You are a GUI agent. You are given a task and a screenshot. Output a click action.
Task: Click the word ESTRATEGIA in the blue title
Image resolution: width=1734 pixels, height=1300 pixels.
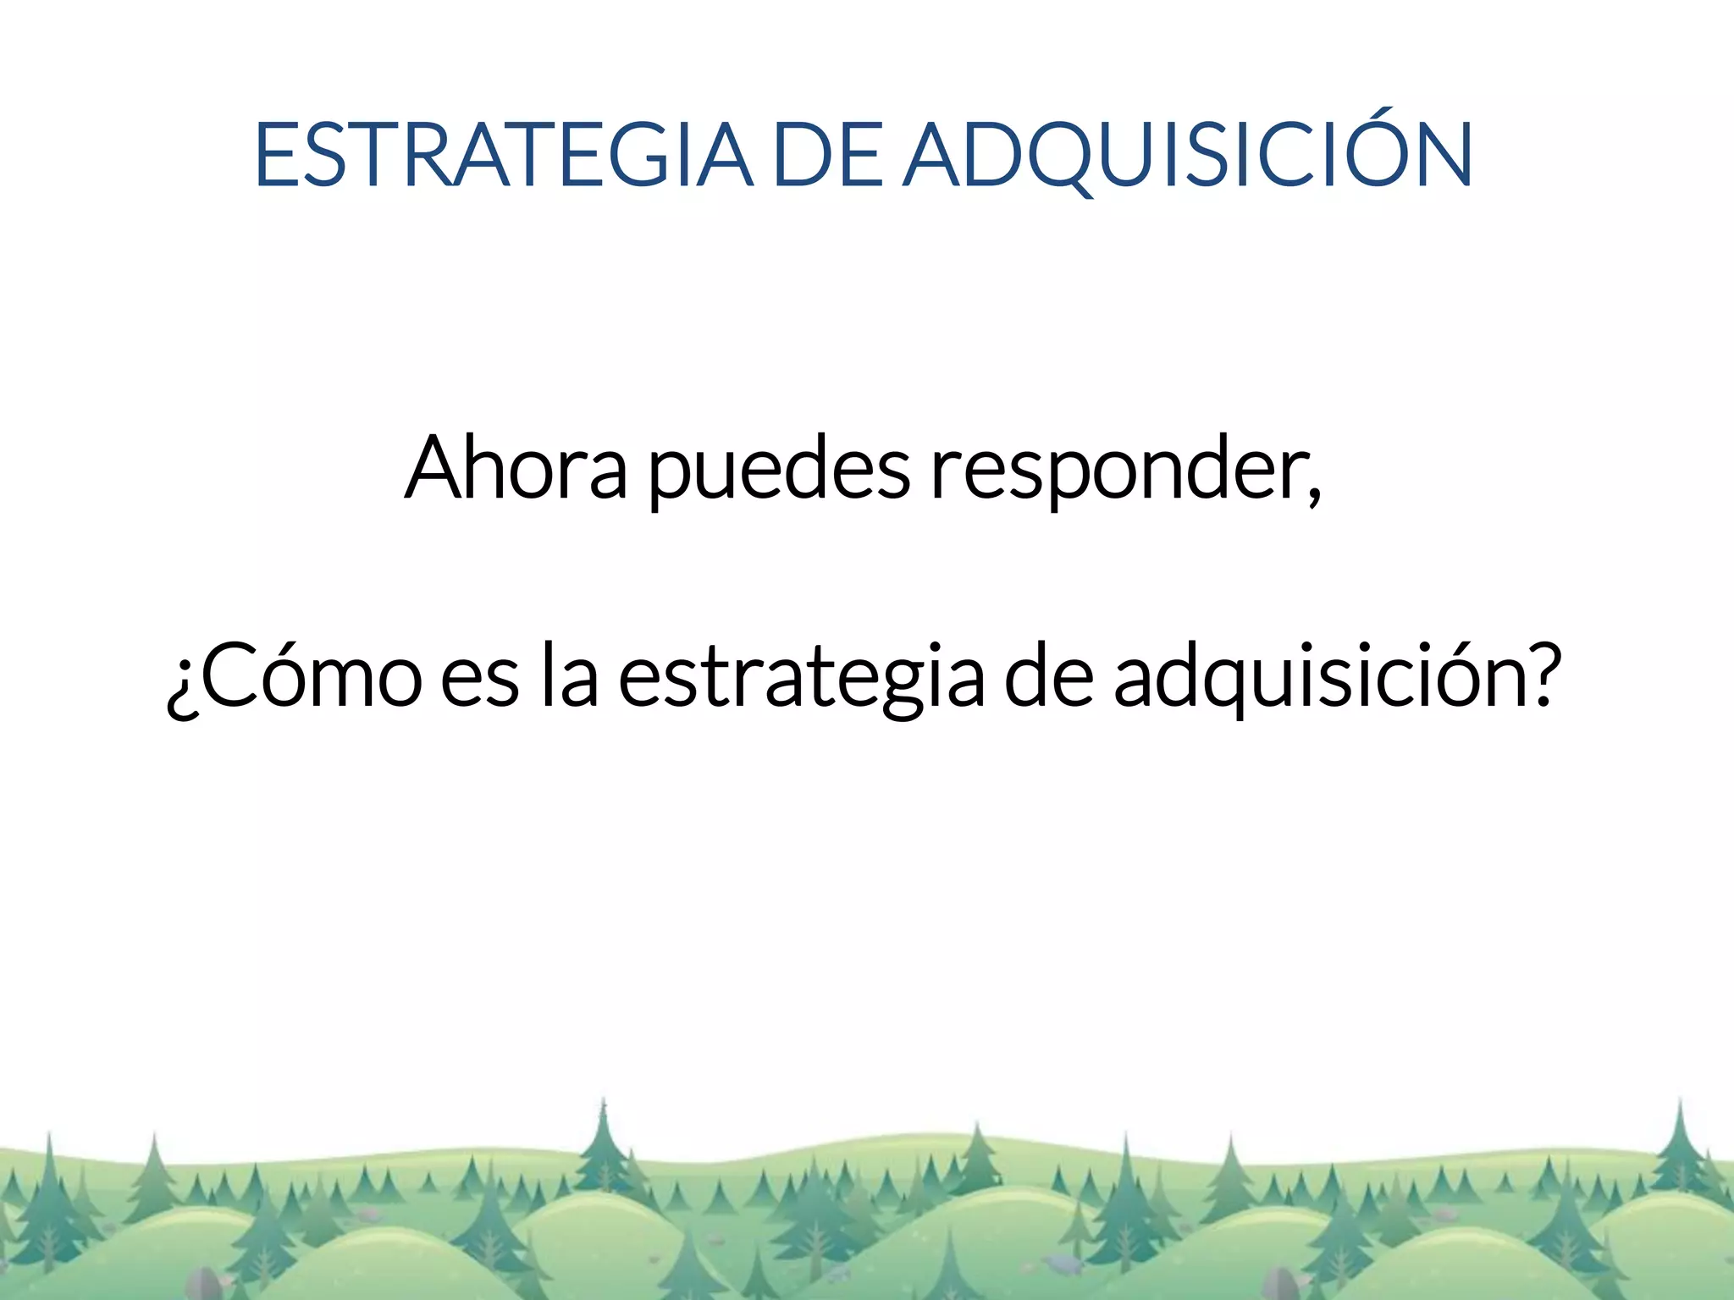click(503, 155)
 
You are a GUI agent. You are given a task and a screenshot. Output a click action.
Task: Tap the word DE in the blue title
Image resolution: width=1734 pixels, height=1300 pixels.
click(828, 155)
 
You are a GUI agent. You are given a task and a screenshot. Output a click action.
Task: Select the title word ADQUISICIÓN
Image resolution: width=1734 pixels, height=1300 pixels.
click(1188, 155)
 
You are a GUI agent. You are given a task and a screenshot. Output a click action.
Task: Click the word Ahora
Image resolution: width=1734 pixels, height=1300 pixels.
click(516, 468)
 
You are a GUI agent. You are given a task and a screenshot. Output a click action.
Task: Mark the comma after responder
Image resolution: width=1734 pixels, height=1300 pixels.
click(1313, 495)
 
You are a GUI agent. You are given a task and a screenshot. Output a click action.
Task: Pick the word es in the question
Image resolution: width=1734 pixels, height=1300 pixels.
click(480, 682)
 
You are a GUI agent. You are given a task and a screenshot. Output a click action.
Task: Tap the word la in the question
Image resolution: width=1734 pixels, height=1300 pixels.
click(570, 677)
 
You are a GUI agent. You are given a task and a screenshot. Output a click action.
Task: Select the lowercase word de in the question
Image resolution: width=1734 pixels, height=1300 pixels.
click(1048, 677)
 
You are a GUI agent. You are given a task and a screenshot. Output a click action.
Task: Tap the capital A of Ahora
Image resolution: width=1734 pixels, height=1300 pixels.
click(437, 468)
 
